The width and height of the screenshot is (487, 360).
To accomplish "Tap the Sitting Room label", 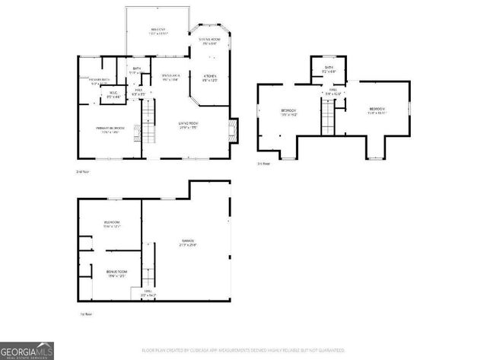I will point(209,41).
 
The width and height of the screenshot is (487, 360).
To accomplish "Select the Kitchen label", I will point(211,78).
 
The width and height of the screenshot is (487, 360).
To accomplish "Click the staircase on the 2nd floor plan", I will point(150,122).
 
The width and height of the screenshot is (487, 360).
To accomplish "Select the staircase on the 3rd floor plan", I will point(329,116).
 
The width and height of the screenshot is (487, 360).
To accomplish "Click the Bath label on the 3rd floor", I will point(329,69).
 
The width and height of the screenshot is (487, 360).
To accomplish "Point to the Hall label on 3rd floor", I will point(334,91).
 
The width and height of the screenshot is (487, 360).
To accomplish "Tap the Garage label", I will point(187,243).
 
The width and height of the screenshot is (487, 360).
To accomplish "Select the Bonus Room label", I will point(116,273).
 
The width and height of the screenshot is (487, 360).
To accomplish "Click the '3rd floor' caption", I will point(264,163).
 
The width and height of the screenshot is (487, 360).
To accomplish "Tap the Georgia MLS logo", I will point(27,351).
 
